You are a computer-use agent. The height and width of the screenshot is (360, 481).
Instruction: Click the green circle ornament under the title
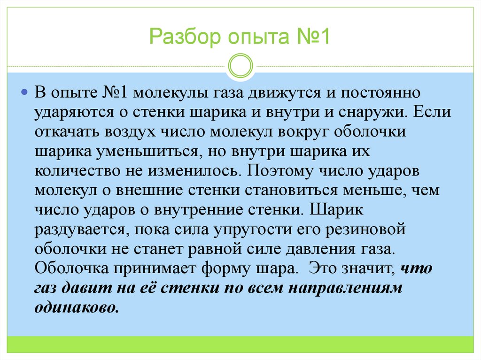click(240, 65)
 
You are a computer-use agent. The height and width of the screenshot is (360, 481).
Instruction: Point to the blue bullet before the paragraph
click(24, 91)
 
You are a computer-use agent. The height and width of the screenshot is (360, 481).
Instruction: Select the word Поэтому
click(277, 171)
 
